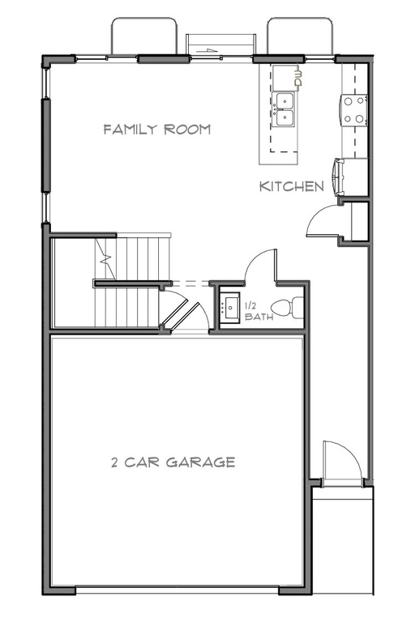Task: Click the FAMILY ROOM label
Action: (x=157, y=129)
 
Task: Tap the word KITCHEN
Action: (x=292, y=186)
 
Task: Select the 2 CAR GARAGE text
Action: (x=173, y=462)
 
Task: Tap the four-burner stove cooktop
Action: (x=353, y=110)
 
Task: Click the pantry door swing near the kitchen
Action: (x=324, y=219)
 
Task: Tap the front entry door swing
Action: (x=340, y=462)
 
